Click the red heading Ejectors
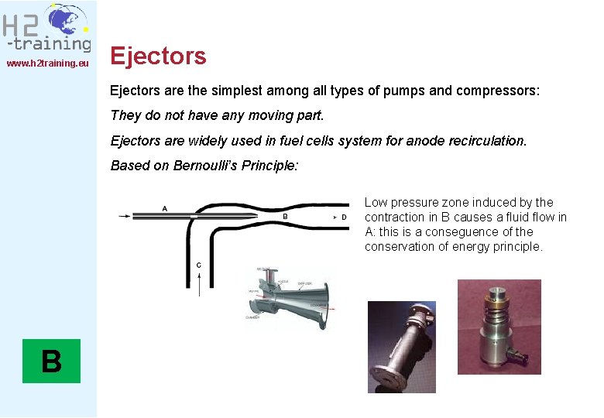coord(158,56)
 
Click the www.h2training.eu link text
coord(48,63)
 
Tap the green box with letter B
coord(51,361)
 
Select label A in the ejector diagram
coord(164,208)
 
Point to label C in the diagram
coord(199,266)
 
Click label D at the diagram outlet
coord(344,218)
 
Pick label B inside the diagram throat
coord(285,217)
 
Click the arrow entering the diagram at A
coord(124,216)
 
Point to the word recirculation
coord(485,141)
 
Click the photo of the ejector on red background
coord(499,327)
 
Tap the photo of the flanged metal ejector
coord(401,346)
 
